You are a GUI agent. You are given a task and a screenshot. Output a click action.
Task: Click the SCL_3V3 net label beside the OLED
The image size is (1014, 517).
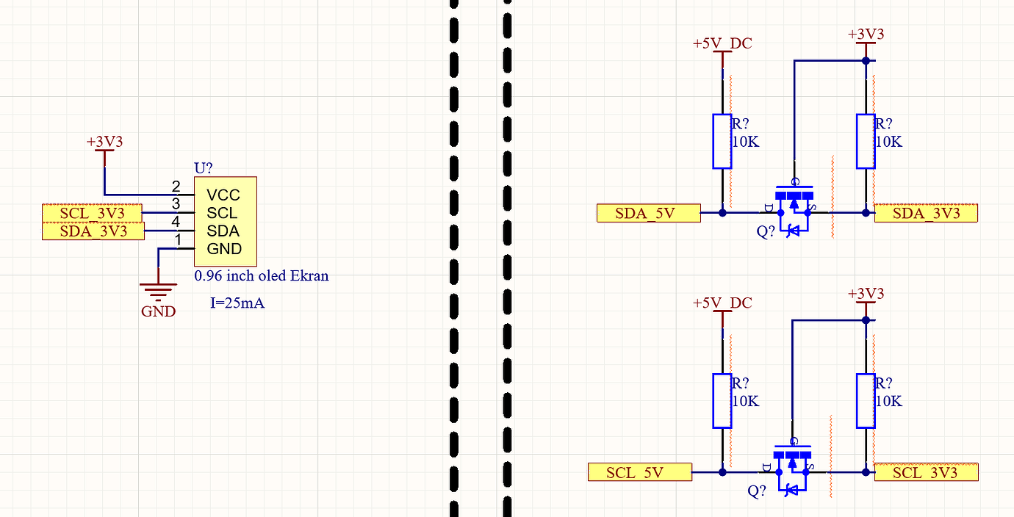pyautogui.click(x=93, y=213)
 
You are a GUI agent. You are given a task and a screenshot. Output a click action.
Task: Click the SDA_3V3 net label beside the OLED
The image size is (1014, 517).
pyautogui.click(x=93, y=231)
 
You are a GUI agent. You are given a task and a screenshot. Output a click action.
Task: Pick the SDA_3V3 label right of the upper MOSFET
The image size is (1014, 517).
pyautogui.click(x=926, y=213)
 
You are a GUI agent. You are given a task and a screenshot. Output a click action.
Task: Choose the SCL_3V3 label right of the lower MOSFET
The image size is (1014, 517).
pyautogui.click(x=926, y=472)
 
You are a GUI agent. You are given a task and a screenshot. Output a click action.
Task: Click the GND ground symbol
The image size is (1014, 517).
pyautogui.click(x=158, y=289)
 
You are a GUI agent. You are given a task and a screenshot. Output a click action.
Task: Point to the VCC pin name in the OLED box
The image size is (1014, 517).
pyautogui.click(x=223, y=195)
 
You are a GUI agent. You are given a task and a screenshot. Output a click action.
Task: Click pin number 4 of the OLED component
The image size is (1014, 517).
pyautogui.click(x=176, y=222)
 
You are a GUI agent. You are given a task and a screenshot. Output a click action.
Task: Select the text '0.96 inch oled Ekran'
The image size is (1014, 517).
pyautogui.click(x=261, y=276)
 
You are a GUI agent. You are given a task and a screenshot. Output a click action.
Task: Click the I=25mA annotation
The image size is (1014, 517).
pyautogui.click(x=237, y=303)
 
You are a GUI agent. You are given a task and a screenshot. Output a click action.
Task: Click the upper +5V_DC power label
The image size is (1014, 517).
pyautogui.click(x=722, y=44)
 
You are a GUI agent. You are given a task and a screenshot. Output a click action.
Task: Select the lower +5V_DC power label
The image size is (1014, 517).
pyautogui.click(x=722, y=303)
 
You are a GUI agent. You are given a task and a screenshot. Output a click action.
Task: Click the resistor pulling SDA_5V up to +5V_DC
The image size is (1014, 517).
pyautogui.click(x=722, y=141)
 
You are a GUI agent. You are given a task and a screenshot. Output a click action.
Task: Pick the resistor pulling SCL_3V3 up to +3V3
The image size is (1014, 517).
pyautogui.click(x=866, y=401)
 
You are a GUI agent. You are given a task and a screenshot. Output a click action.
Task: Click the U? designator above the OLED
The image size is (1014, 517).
pyautogui.click(x=204, y=168)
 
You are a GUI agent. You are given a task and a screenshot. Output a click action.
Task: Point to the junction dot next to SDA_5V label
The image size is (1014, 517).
pyautogui.click(x=722, y=213)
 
